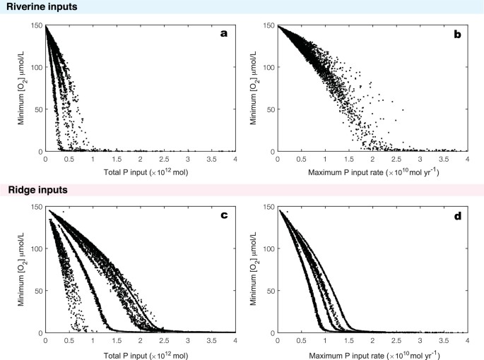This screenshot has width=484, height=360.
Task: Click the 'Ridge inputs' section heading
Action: click(x=34, y=189)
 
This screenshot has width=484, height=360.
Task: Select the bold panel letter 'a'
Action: click(x=224, y=34)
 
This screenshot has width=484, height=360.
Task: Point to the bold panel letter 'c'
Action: click(x=224, y=215)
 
